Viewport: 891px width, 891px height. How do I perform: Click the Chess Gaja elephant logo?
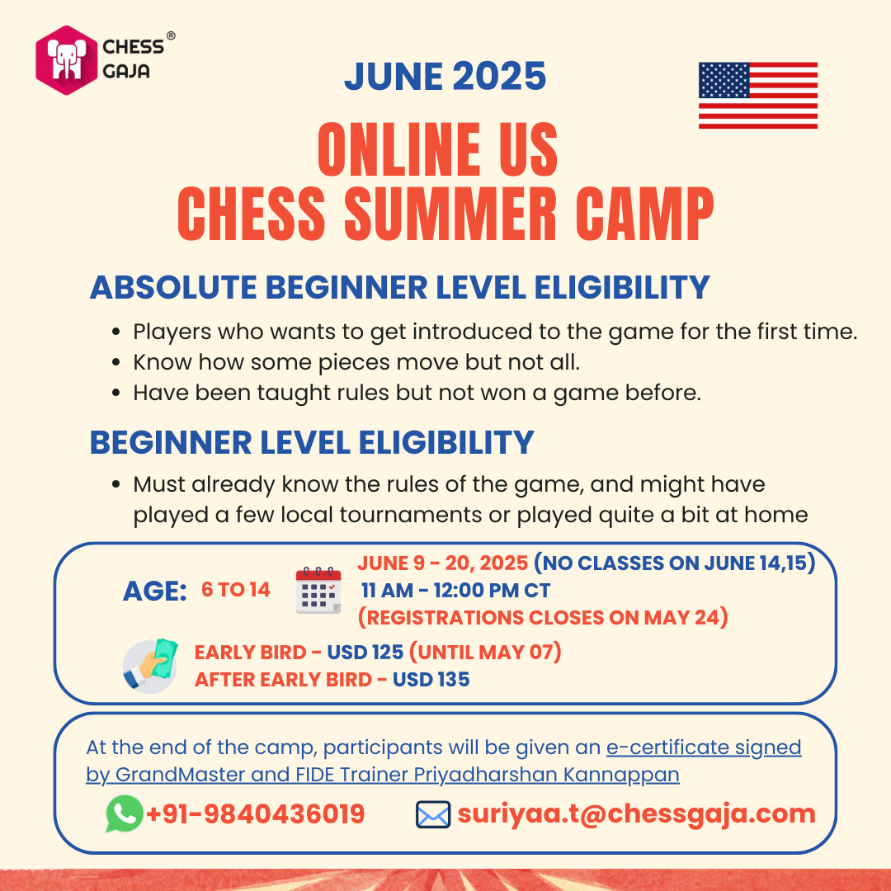pyautogui.click(x=67, y=60)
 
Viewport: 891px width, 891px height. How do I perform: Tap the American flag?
pyautogui.click(x=758, y=96)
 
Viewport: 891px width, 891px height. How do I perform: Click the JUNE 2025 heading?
pyautogui.click(x=445, y=77)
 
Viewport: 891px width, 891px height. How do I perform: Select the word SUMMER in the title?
pyautogui.click(x=450, y=214)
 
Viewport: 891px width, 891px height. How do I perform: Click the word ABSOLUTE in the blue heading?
pyautogui.click(x=173, y=287)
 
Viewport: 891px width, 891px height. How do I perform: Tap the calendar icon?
pyautogui.click(x=318, y=591)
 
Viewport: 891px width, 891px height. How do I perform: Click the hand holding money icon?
pyautogui.click(x=150, y=666)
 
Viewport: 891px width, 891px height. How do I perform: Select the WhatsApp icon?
pyautogui.click(x=125, y=813)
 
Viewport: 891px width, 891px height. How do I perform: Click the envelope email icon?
pyautogui.click(x=433, y=814)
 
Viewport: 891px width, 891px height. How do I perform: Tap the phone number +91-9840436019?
pyautogui.click(x=255, y=813)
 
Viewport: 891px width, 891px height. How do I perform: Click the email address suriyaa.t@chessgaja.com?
pyautogui.click(x=636, y=814)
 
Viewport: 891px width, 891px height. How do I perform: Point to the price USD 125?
pyautogui.click(x=365, y=653)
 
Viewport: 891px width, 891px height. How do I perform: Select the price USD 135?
pyautogui.click(x=431, y=680)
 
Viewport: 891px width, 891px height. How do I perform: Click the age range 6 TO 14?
pyautogui.click(x=236, y=590)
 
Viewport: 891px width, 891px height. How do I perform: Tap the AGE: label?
pyautogui.click(x=155, y=592)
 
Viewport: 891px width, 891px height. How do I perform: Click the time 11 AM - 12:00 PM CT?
pyautogui.click(x=455, y=591)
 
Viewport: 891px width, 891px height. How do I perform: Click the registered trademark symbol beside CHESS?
pyautogui.click(x=171, y=35)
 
